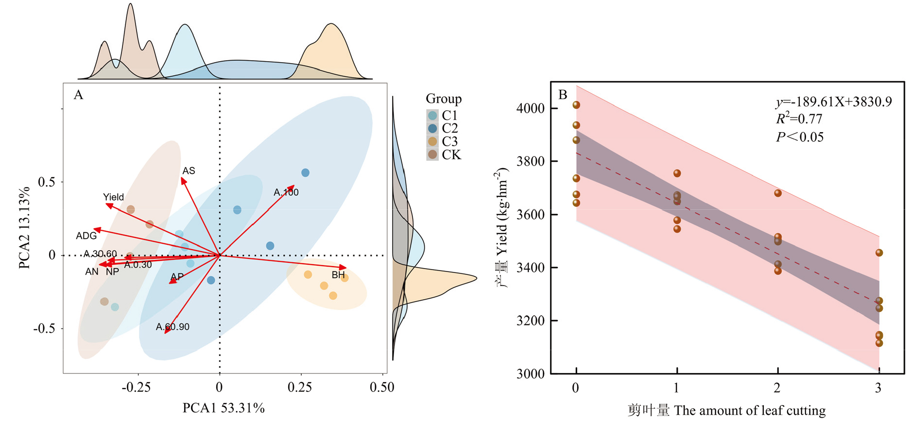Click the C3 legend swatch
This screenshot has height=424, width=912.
(x=432, y=141)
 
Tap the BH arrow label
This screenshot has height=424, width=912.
(x=338, y=275)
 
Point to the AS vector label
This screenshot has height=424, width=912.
(x=189, y=171)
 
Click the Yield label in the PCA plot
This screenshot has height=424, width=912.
(x=113, y=197)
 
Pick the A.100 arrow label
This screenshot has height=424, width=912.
(x=286, y=192)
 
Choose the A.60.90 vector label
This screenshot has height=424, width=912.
(x=172, y=327)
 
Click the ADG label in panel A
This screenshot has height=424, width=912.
(x=86, y=236)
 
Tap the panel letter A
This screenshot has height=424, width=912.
(x=78, y=95)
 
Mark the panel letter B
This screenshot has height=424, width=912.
(x=563, y=94)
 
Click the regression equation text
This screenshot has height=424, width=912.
(x=833, y=102)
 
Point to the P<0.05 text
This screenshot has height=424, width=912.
(x=799, y=137)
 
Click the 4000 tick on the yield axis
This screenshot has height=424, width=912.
(x=530, y=108)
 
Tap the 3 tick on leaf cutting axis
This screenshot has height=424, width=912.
(x=878, y=388)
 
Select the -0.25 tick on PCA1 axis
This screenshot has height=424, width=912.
(x=136, y=388)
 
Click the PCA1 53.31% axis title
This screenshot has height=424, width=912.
(x=224, y=408)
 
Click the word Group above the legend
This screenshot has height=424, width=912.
(x=444, y=99)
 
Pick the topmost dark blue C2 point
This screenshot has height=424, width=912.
(x=305, y=173)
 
